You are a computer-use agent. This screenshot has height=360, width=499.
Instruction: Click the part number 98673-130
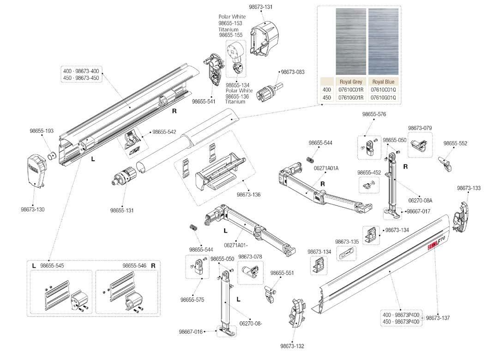tap(33, 210)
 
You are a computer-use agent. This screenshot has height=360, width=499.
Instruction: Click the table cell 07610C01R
tap(350, 90)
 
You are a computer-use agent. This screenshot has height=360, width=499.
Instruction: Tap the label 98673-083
tap(293, 72)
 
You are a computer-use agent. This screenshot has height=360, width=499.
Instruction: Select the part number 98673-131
tap(261, 7)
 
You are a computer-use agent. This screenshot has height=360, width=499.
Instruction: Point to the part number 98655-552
tap(455, 144)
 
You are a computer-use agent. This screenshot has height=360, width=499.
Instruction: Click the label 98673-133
tap(469, 188)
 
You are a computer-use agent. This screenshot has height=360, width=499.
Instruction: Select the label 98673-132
tap(292, 346)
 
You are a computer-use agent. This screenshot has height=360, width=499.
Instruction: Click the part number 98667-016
tap(191, 331)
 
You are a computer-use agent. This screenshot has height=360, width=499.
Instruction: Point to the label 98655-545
tap(52, 266)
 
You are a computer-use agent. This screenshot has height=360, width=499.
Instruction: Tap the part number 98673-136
tap(248, 195)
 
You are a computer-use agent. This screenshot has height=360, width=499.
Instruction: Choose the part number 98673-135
tap(347, 241)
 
